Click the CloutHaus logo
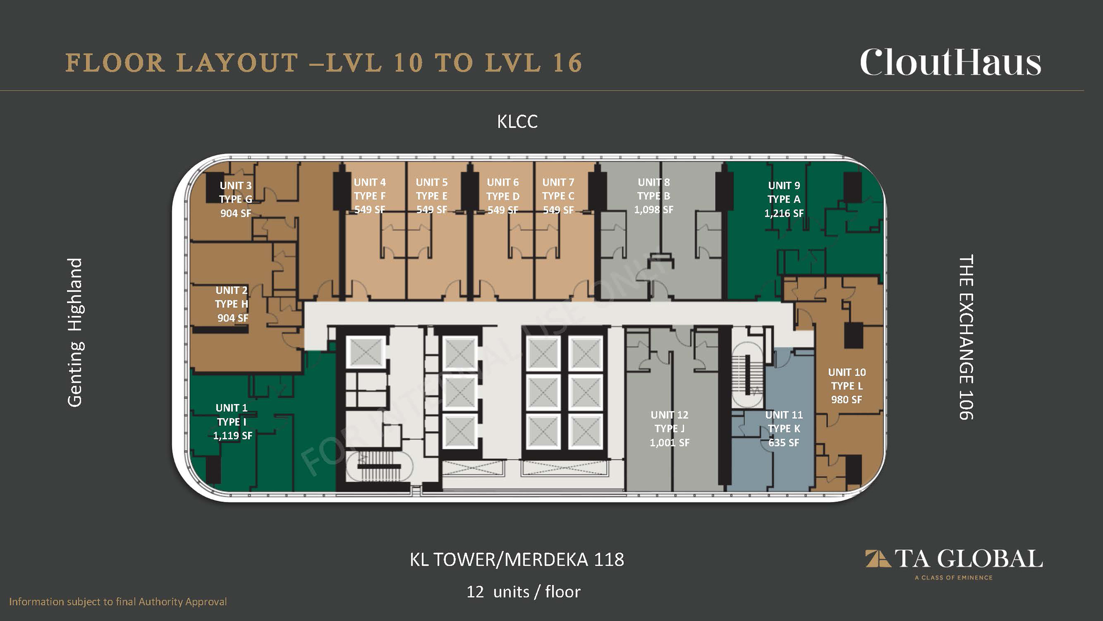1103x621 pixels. [x=950, y=63]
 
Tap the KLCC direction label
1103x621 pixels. [x=517, y=122]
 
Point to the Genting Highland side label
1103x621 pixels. [x=75, y=332]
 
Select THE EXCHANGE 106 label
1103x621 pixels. [x=966, y=337]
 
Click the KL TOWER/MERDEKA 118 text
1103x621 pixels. [x=517, y=560]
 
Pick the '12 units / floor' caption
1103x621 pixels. [x=523, y=592]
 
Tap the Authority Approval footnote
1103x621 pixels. [x=118, y=602]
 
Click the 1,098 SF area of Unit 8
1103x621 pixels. [x=654, y=210]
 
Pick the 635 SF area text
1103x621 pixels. [x=784, y=443]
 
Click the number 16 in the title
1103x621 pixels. [x=567, y=63]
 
